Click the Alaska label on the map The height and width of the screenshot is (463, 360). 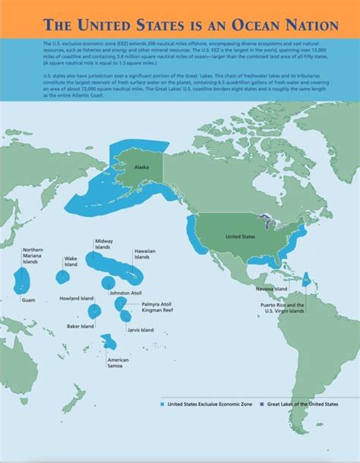click(141, 167)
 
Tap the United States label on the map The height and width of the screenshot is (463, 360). click(240, 236)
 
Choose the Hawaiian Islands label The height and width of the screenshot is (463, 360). click(145, 254)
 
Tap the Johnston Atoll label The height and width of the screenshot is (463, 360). click(125, 293)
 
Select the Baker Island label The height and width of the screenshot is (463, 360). click(81, 326)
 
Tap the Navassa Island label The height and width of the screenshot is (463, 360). click(270, 289)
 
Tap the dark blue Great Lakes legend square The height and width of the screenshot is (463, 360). click(262, 404)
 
